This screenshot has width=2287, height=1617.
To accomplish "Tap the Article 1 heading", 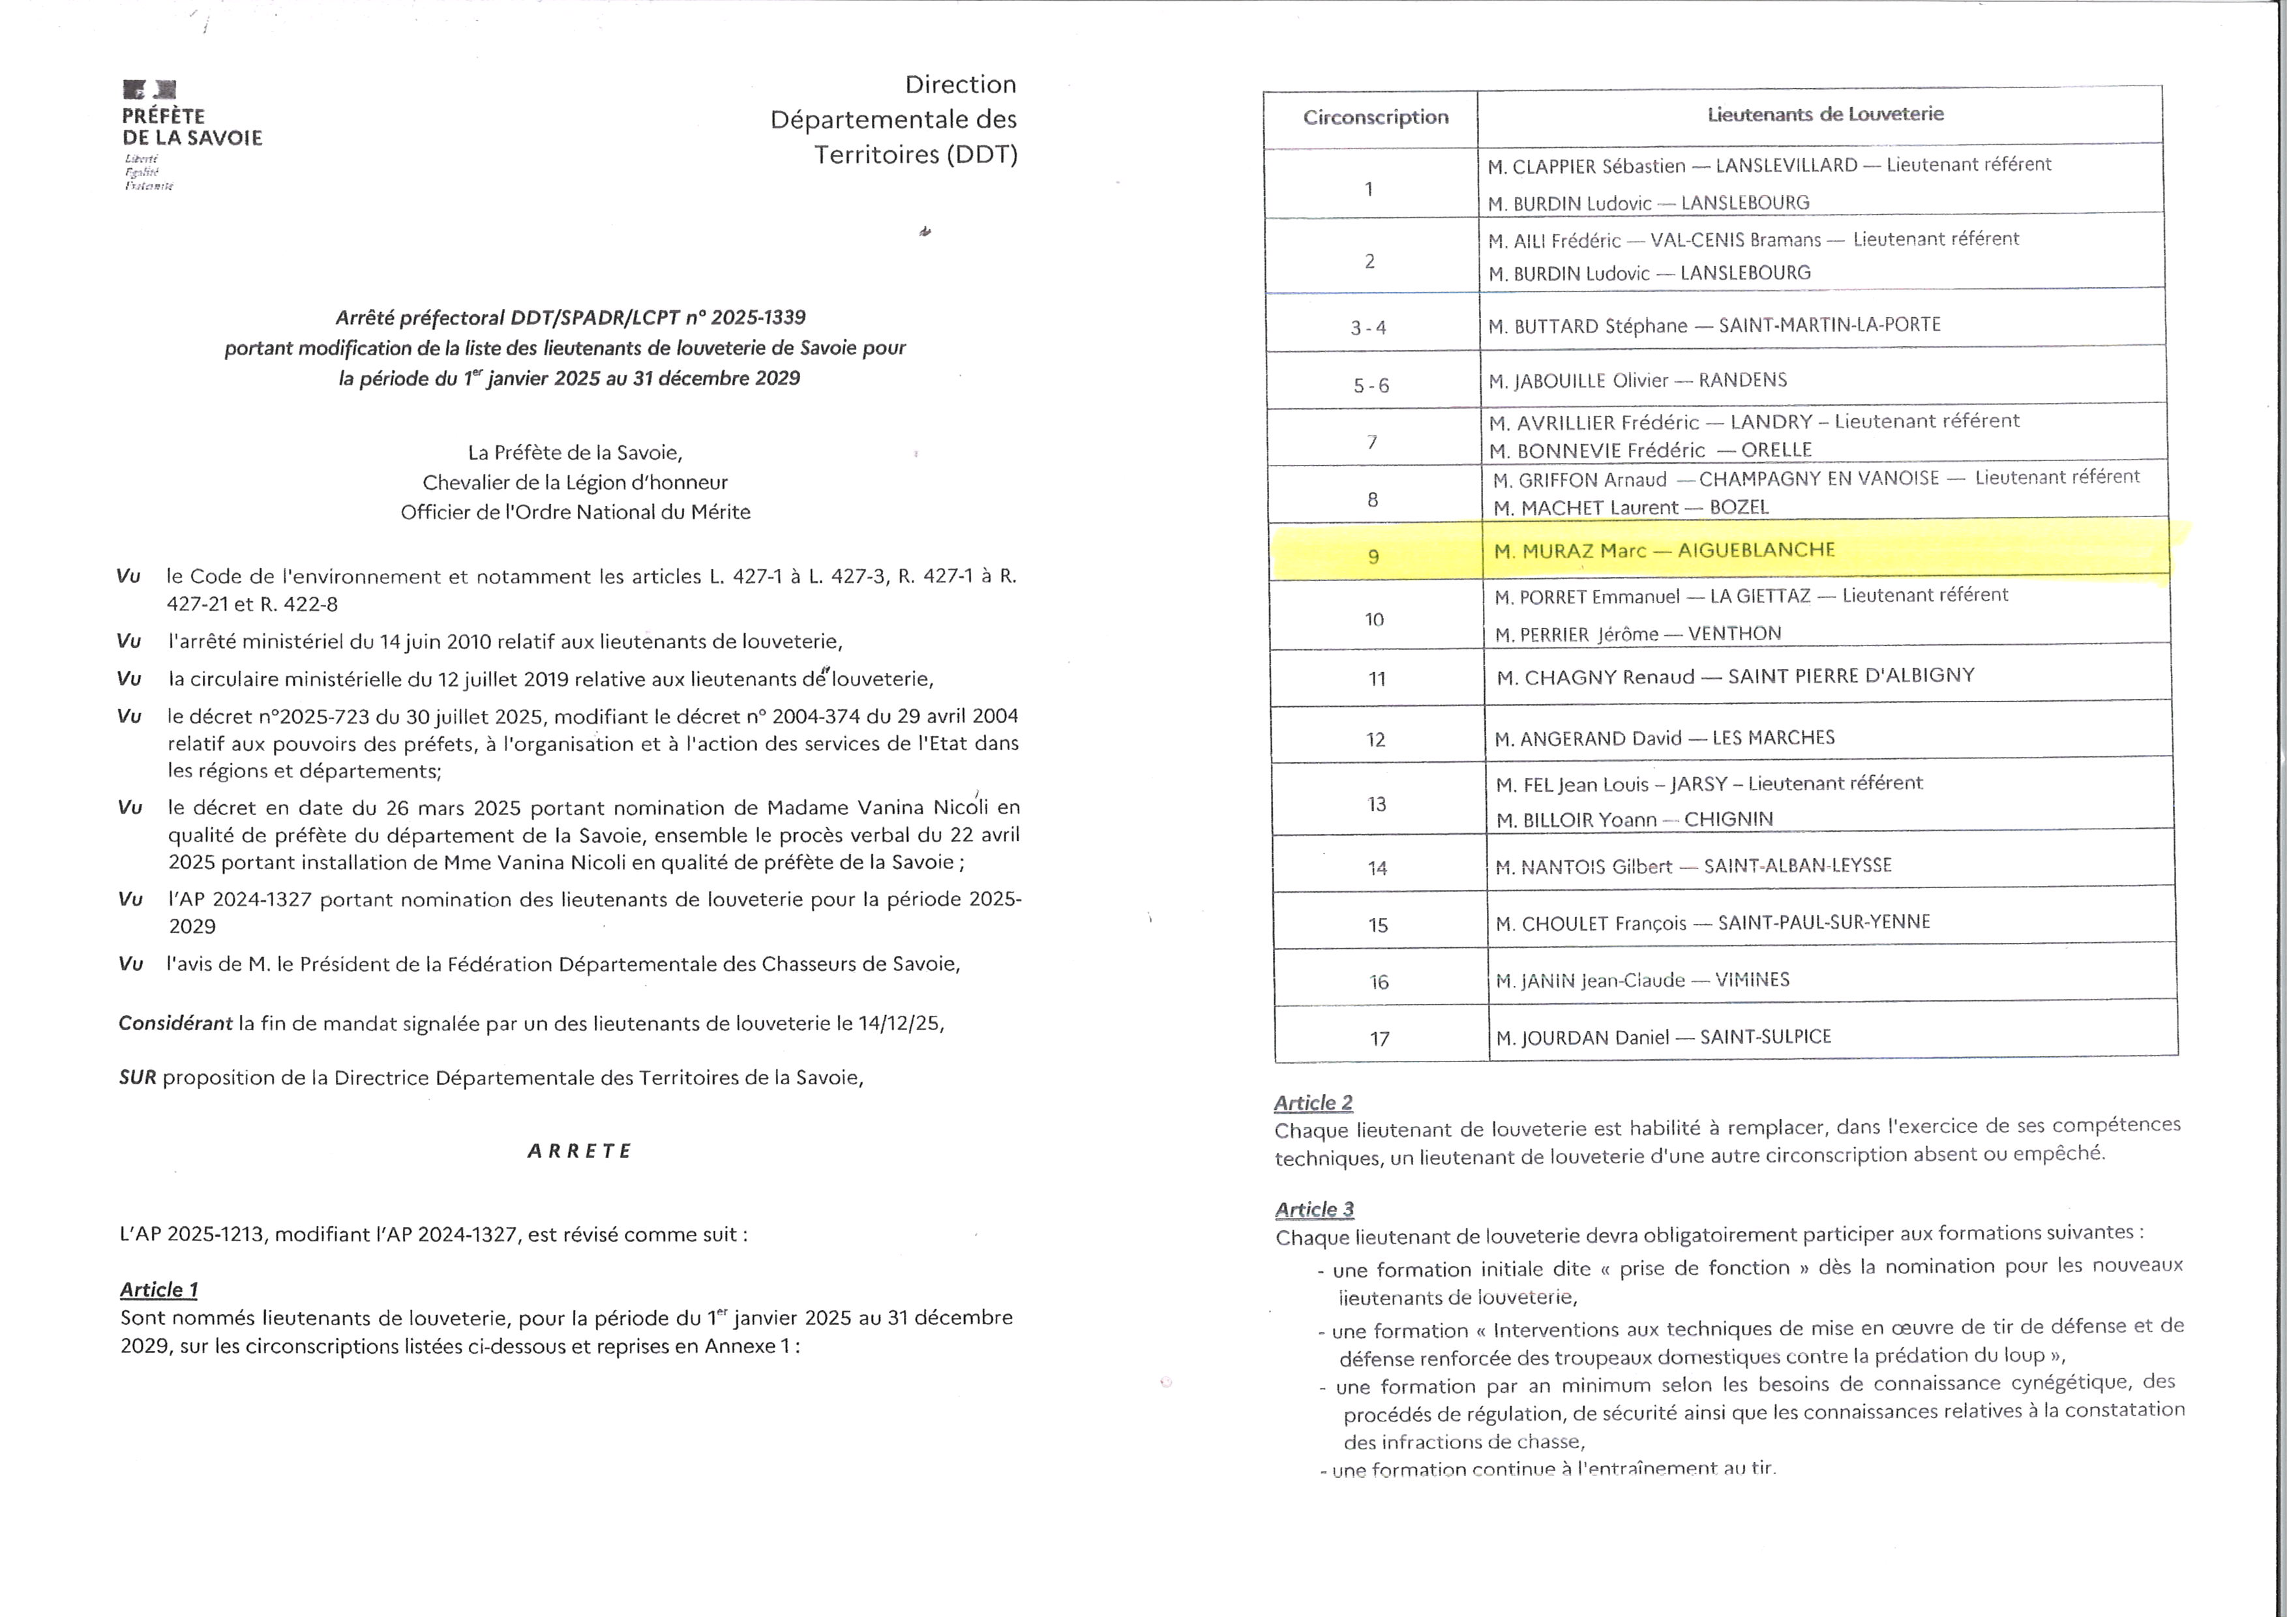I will tap(159, 1290).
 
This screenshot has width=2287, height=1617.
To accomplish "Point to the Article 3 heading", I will tap(1314, 1209).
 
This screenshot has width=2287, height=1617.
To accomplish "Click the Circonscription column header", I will tap(1375, 117).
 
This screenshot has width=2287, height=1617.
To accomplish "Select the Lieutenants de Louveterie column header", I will tap(1825, 115).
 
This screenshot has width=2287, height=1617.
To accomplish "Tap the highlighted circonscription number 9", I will tap(1373, 556).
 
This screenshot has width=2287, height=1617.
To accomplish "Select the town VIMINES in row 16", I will tap(1752, 980).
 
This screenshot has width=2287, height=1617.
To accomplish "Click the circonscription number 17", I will tap(1379, 1039).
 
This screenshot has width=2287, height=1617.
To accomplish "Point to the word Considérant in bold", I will tap(175, 1024).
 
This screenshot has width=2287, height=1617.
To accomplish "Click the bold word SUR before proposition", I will tap(138, 1077).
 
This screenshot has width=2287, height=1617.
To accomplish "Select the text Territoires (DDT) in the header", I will tap(916, 155).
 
